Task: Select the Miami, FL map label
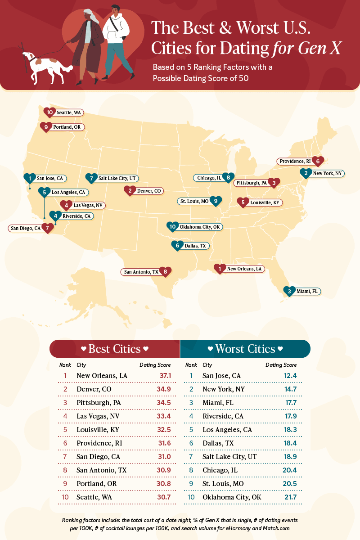click(306, 292)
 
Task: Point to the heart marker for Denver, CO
click(130, 191)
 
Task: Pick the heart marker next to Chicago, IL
click(229, 178)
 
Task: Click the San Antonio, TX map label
click(141, 272)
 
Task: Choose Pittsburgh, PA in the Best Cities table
click(99, 402)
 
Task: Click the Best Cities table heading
click(114, 349)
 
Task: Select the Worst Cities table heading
click(245, 349)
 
